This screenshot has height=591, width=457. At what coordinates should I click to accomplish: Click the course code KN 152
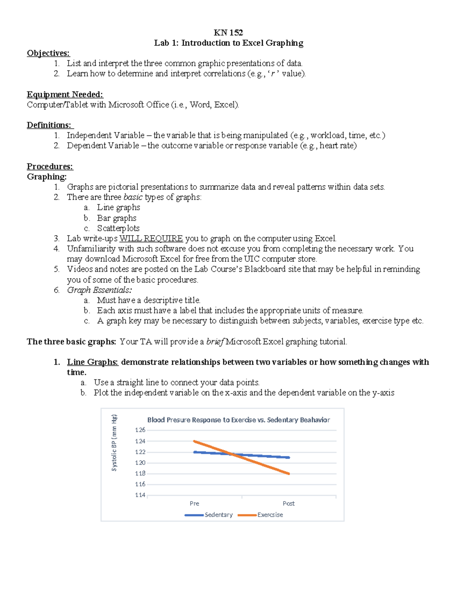[x=228, y=32]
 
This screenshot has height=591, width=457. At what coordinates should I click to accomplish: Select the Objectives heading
[x=48, y=53]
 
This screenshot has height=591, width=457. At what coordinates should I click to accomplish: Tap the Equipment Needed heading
[x=65, y=94]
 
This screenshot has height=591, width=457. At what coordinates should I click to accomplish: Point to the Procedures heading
[x=50, y=166]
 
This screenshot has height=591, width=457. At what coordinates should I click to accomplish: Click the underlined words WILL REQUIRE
[x=151, y=239]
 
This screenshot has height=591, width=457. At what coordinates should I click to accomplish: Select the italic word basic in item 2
[x=133, y=197]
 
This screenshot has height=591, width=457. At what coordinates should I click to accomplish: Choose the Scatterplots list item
[x=118, y=228]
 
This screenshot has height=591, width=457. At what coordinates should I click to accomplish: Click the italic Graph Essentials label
[x=99, y=290]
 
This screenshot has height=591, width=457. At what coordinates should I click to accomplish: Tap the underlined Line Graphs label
[x=93, y=362]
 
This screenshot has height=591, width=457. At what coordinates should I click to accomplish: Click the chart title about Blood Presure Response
[x=238, y=420]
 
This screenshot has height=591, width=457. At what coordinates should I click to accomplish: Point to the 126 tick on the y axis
[x=140, y=430]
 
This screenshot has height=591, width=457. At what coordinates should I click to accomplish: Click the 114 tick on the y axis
[x=140, y=495]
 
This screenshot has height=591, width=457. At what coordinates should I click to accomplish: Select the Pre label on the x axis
[x=194, y=503]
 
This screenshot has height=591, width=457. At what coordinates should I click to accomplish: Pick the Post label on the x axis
[x=289, y=503]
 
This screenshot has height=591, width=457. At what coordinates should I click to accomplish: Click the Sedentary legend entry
[x=218, y=515]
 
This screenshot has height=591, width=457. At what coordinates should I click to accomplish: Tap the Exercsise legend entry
[x=270, y=515]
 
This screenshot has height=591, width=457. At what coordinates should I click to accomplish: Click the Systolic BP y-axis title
[x=114, y=443]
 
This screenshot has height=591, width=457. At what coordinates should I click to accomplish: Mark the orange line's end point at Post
[x=289, y=474]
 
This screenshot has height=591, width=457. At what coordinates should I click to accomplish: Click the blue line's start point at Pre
[x=195, y=452]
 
